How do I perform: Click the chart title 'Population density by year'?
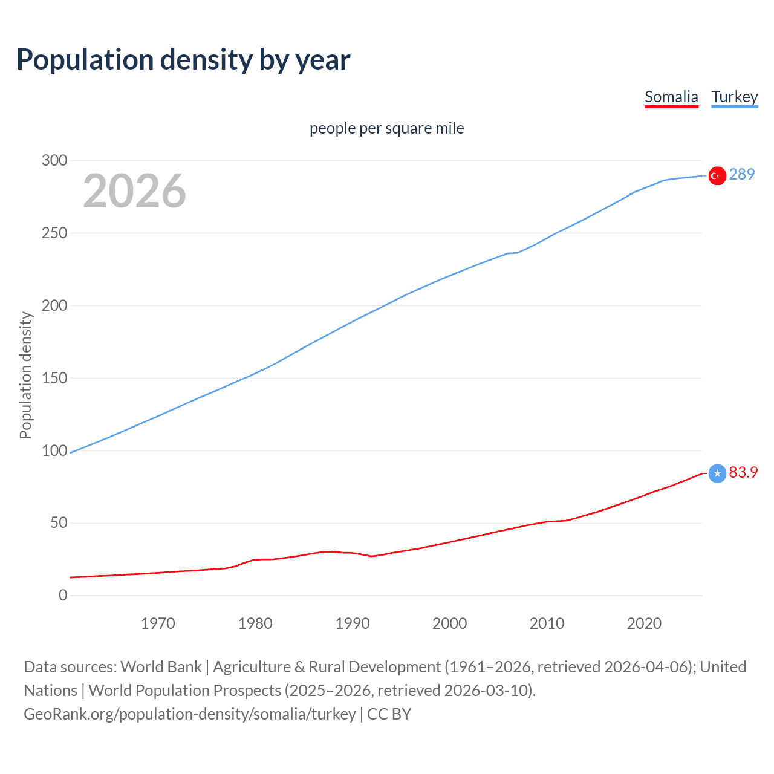183,60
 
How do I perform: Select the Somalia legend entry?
671,97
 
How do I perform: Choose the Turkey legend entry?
734,97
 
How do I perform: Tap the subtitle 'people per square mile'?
386,128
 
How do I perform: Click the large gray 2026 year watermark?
134,191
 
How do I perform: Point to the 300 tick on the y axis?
54,160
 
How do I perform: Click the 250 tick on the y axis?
54,233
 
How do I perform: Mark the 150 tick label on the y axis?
54,378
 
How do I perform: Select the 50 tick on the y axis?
59,522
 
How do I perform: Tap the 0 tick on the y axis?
63,595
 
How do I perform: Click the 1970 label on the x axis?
158,623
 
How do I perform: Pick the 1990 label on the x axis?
353,623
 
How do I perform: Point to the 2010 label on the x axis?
547,623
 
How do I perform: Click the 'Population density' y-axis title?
25,375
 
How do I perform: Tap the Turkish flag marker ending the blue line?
717,175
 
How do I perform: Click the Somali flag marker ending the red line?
717,473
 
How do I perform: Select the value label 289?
742,174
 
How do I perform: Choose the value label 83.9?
743,472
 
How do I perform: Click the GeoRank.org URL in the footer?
190,714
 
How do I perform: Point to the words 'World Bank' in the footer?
161,666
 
